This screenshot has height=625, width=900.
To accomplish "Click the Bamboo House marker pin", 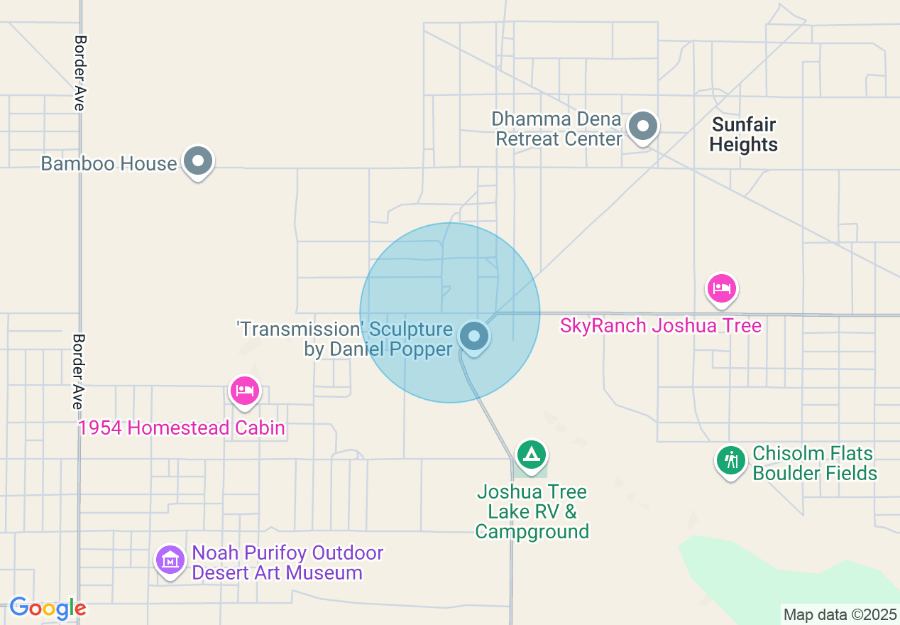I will (198, 161).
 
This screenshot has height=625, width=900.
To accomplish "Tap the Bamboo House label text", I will (109, 163).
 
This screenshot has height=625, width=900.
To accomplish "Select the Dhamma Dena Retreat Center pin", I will (643, 126).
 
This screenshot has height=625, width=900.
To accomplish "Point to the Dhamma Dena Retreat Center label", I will (558, 129).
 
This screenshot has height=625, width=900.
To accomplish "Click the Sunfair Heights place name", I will (744, 135).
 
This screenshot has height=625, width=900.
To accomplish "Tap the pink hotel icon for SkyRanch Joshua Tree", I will (721, 288).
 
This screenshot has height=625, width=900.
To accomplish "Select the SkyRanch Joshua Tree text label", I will (660, 326).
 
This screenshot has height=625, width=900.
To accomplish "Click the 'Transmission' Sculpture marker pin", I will (474, 336).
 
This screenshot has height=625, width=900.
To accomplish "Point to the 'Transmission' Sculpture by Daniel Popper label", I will (344, 339).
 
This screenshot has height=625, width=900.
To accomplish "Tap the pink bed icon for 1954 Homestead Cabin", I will (244, 390).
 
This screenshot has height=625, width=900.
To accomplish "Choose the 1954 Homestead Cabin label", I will (182, 428).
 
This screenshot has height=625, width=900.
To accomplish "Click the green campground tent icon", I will (531, 455).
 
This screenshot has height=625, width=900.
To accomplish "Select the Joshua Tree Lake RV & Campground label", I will (532, 511).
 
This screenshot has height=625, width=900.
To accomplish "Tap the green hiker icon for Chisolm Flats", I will (731, 460).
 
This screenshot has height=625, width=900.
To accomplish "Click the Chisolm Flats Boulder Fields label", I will (814, 463).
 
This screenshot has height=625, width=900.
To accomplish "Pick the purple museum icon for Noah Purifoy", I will (170, 560).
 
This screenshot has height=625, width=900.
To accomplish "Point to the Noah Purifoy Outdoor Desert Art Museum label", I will (278, 562).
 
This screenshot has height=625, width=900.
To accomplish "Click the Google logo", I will (48, 609).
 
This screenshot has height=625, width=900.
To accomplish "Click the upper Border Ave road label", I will (79, 73).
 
